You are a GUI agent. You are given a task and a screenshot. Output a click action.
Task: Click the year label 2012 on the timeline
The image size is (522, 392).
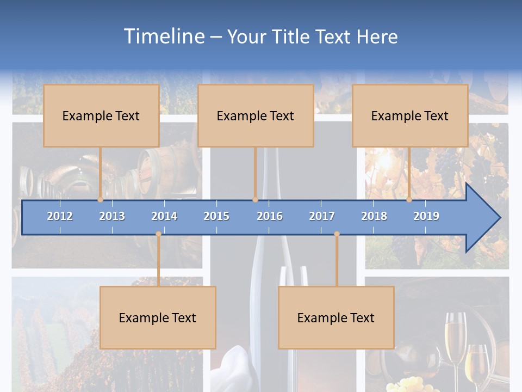click(x=60, y=216)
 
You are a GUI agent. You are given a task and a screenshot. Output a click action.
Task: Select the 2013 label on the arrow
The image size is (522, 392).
click(x=112, y=216)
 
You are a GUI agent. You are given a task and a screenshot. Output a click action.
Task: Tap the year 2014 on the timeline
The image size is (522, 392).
click(x=164, y=216)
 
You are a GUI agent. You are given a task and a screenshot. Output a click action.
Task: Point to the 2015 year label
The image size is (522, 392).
click(x=216, y=216)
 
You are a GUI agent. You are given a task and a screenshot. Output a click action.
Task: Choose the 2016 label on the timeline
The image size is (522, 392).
click(x=270, y=216)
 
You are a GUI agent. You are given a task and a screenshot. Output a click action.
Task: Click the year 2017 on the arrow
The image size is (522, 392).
click(x=322, y=216)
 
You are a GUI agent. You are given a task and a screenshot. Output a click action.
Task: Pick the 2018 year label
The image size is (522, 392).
click(x=374, y=216)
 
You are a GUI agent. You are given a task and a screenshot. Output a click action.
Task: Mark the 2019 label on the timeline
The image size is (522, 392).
click(x=426, y=216)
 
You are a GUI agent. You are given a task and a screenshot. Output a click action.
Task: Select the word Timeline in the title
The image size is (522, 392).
click(x=164, y=36)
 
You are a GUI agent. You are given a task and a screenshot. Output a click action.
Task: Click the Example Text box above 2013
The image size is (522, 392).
click(x=101, y=115)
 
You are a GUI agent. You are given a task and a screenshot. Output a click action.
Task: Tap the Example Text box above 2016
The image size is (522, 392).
click(x=256, y=115)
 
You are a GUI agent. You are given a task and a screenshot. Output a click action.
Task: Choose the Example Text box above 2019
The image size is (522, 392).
click(x=410, y=115)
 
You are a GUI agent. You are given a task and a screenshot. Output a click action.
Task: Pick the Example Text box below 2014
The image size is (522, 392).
click(x=158, y=317)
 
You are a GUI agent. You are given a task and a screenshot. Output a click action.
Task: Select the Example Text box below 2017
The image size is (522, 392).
click(x=336, y=317)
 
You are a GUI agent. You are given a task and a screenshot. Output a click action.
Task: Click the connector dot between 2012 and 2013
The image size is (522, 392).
click(x=100, y=199)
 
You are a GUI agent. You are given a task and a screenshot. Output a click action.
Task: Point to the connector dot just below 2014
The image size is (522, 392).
click(x=158, y=234)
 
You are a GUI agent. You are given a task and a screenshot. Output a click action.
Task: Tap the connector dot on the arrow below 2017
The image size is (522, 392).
click(x=337, y=234)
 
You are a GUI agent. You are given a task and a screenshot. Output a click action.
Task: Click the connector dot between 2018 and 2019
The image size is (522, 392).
click(x=409, y=199)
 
